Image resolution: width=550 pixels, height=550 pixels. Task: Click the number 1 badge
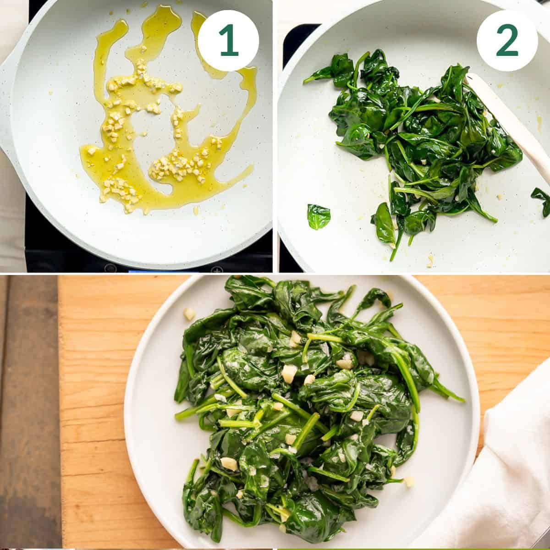pyautogui.click(x=228, y=40)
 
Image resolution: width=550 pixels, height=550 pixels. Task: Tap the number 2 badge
pyautogui.click(x=507, y=40)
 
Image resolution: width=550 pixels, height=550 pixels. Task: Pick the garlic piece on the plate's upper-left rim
pyautogui.click(x=189, y=313)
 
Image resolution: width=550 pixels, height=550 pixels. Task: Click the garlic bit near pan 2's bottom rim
pyautogui.click(x=430, y=261)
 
